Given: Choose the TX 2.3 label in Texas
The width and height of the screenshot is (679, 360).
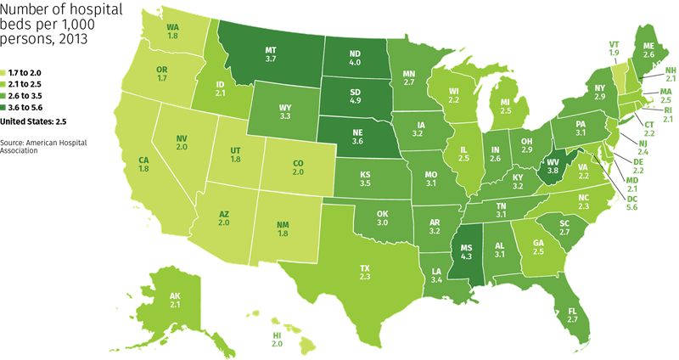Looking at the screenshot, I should pyautogui.click(x=364, y=272).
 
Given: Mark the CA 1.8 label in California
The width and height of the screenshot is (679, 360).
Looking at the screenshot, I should pyautogui.click(x=144, y=164).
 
